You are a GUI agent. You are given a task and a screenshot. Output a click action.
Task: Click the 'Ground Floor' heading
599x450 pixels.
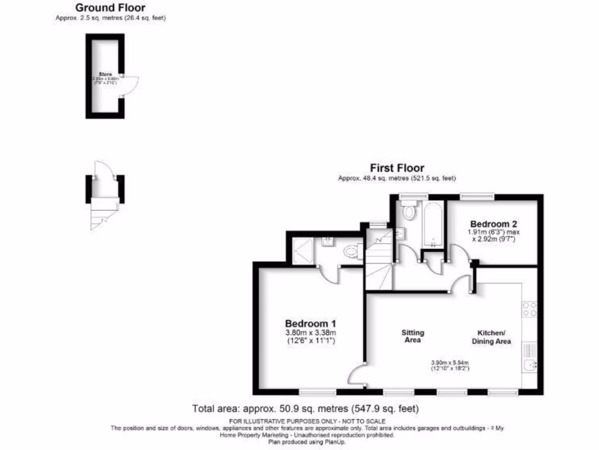tap(111, 8)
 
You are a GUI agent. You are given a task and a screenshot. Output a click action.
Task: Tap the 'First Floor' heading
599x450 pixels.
tap(397, 169)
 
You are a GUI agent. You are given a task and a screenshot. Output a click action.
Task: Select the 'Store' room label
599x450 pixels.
tap(105, 74)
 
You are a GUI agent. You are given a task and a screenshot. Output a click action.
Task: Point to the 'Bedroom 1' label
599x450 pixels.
tap(310, 324)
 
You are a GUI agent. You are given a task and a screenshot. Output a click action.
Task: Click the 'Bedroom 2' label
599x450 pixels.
tap(494, 224)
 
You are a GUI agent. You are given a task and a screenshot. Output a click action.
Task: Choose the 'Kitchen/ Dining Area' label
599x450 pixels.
tap(491, 337)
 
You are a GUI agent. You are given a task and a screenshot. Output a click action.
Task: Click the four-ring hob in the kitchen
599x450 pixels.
tap(529, 309)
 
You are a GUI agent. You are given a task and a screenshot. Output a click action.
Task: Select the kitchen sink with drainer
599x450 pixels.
tap(529, 358)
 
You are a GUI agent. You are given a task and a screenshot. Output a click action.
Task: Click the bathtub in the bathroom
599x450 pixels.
tap(433, 224)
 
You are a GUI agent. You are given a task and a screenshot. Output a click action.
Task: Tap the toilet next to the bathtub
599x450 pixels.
tap(408, 209)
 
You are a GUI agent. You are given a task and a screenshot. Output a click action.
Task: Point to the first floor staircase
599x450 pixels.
tap(379, 261)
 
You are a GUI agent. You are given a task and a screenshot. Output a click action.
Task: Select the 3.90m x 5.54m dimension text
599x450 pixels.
tap(450, 365)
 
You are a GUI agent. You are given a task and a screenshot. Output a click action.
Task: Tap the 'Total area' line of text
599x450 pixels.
tap(305, 408)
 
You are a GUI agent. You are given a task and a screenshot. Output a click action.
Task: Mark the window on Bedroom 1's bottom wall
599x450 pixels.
tap(318, 391)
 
